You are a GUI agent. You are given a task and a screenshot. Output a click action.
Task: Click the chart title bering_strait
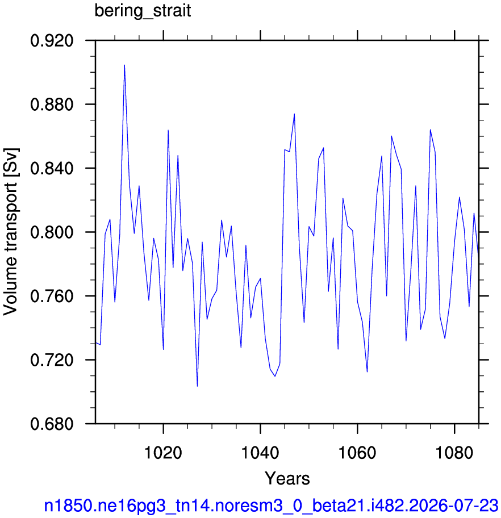(143, 11)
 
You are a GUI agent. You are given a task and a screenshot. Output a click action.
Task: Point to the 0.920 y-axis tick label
(52, 41)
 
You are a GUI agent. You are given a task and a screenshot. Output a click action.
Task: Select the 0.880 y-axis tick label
(52, 105)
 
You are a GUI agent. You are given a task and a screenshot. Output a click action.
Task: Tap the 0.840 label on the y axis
(52, 168)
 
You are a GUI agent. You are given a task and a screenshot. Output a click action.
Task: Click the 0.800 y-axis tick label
(52, 232)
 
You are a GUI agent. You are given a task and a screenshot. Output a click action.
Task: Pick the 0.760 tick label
(52, 296)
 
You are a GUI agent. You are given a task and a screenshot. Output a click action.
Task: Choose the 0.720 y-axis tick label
(52, 360)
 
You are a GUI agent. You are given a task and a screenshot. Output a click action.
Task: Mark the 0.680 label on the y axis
(52, 424)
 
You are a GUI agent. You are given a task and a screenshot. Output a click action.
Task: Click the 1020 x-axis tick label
(163, 452)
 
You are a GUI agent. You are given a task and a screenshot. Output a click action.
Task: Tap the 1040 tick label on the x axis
(260, 452)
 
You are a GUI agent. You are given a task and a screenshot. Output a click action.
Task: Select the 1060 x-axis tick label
(357, 452)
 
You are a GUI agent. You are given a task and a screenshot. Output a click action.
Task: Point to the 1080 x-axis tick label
(454, 452)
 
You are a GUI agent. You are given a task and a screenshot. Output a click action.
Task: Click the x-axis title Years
(287, 478)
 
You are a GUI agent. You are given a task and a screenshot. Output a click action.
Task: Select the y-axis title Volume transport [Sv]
(11, 231)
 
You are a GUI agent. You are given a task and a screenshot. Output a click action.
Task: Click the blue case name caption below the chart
(271, 506)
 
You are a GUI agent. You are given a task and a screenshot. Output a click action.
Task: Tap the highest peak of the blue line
(124, 65)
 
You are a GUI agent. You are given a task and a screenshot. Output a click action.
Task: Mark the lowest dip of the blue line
(197, 386)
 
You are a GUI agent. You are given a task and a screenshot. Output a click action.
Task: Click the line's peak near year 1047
(294, 114)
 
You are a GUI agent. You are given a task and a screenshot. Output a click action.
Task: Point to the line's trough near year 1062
(367, 371)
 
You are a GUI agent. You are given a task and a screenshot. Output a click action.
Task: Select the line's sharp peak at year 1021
(168, 130)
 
